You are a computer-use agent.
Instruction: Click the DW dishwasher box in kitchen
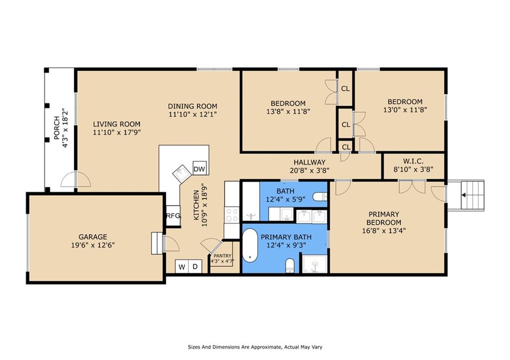pyautogui.click(x=199, y=168)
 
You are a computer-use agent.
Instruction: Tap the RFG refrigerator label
pyautogui.click(x=173, y=216)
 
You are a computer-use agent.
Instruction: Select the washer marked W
pyautogui.click(x=182, y=267)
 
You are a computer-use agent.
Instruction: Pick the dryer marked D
pyautogui.click(x=195, y=267)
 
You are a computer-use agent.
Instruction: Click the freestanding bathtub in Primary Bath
pyautogui.click(x=250, y=245)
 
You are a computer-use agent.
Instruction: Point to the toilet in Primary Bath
pyautogui.click(x=289, y=266)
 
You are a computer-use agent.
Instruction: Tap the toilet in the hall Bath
pyautogui.click(x=320, y=196)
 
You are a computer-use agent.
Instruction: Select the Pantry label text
pyautogui.click(x=223, y=256)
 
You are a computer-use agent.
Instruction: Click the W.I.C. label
pyautogui.click(x=413, y=161)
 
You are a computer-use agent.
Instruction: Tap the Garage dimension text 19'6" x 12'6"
pyautogui.click(x=93, y=245)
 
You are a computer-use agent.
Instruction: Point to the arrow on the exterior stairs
pyautogui.click(x=464, y=195)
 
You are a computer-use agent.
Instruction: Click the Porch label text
pyautogui.click(x=57, y=128)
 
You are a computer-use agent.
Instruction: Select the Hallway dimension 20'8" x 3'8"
pyautogui.click(x=310, y=170)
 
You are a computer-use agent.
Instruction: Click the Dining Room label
pyautogui.click(x=193, y=106)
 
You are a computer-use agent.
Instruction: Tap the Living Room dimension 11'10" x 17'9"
pyautogui.click(x=117, y=132)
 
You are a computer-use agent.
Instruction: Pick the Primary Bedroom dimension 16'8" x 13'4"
pyautogui.click(x=384, y=231)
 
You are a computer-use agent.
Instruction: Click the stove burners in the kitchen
pyautogui.click(x=232, y=215)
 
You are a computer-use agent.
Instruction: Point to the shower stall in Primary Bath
pyautogui.click(x=315, y=264)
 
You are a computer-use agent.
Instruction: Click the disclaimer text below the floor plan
pyautogui.click(x=255, y=347)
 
